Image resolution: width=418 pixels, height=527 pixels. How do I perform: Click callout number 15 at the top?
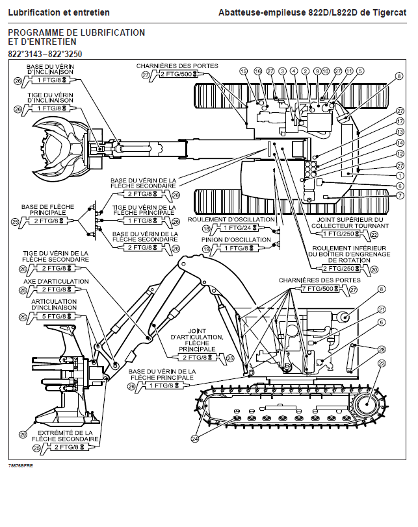[243, 71]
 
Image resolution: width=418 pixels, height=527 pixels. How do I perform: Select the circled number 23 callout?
[382, 363]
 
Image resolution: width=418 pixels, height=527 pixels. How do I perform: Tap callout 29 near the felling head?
[23, 435]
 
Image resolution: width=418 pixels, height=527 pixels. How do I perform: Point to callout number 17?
[400, 121]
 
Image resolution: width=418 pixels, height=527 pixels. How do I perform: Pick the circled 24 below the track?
[195, 439]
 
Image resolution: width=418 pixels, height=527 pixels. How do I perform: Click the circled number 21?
[382, 310]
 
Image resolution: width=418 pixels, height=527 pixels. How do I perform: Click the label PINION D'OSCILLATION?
[236, 239]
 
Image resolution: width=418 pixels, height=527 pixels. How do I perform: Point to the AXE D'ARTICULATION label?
[56, 281]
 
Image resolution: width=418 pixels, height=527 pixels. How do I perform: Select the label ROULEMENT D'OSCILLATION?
[231, 219]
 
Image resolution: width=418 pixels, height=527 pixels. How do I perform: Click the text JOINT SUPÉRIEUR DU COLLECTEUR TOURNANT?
[350, 223]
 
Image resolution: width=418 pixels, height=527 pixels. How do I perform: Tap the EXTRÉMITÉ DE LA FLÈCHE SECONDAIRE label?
[65, 436]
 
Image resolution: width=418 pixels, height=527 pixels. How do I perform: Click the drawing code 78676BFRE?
[21, 466]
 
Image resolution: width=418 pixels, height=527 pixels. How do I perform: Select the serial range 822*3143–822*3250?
[45, 54]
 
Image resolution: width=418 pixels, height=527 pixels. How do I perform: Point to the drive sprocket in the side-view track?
[367, 404]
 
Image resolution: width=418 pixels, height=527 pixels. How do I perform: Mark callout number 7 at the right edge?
[400, 195]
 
